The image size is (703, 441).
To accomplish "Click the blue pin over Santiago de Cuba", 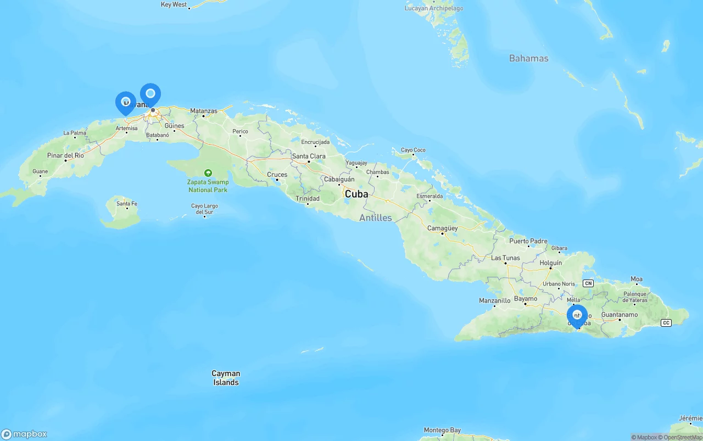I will pyautogui.click(x=577, y=316).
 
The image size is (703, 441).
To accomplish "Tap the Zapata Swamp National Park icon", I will pyautogui.click(x=208, y=173).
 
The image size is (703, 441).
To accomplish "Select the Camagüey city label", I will pyautogui.click(x=442, y=228).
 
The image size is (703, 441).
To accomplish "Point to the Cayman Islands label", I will pyautogui.click(x=226, y=378).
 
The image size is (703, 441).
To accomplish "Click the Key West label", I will pyautogui.click(x=174, y=4).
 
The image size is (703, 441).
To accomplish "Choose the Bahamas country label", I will pyautogui.click(x=528, y=58).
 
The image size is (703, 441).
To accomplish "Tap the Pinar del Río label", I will pyautogui.click(x=65, y=155).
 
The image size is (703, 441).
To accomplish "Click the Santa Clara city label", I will pyautogui.click(x=309, y=157).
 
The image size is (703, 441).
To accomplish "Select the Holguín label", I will pyautogui.click(x=550, y=263).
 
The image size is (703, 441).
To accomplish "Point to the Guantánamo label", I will pyautogui.click(x=620, y=315).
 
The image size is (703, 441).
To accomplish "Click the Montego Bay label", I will pyautogui.click(x=442, y=430).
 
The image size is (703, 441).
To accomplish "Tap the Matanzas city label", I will pyautogui.click(x=204, y=111).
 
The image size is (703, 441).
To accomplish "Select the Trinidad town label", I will pyautogui.click(x=307, y=199).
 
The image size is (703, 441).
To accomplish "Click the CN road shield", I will pyautogui.click(x=588, y=283).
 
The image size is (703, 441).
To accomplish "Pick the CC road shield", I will pyautogui.click(x=666, y=323).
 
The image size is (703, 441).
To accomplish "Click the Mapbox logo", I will pyautogui.click(x=24, y=434).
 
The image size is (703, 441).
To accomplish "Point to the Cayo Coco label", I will pyautogui.click(x=413, y=150).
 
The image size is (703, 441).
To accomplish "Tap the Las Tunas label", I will pyautogui.click(x=505, y=258).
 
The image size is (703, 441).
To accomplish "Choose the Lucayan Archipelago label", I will pyautogui.click(x=433, y=8).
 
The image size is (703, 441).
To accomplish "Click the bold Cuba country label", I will pyautogui.click(x=356, y=194).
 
